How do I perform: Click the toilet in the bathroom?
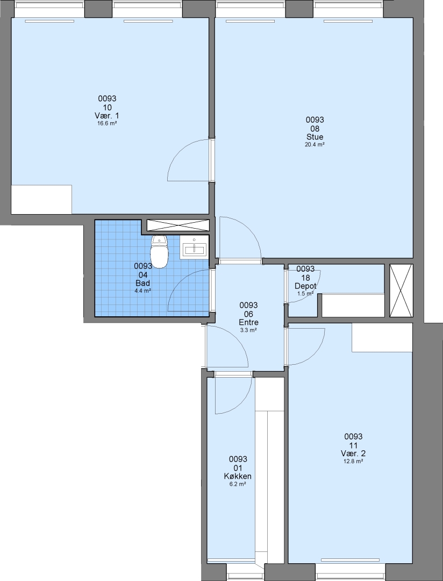159,252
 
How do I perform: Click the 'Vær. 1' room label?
107,116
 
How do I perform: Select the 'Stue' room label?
315,137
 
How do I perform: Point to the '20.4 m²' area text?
315,145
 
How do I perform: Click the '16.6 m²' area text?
107,124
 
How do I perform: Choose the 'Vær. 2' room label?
353,454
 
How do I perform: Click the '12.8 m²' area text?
353,462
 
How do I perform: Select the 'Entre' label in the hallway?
248,322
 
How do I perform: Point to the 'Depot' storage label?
305,286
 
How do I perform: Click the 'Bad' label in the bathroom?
143,284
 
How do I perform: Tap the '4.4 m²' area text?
143,291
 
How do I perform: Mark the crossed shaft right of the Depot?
402,291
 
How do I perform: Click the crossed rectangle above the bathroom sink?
178,225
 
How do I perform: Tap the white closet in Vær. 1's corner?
41,200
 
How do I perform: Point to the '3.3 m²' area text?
248,330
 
